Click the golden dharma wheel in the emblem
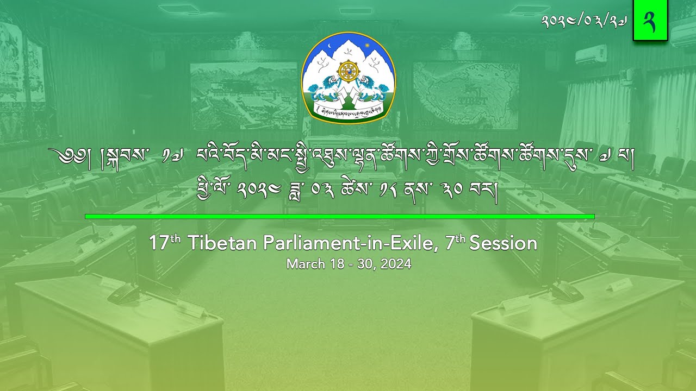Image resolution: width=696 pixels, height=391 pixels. pyautogui.click(x=348, y=71)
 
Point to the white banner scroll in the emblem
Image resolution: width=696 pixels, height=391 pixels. pyautogui.click(x=348, y=110)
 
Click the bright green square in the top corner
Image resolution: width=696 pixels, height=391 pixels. pyautogui.click(x=650, y=21)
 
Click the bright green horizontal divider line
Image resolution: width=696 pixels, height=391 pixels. pyautogui.click(x=339, y=217)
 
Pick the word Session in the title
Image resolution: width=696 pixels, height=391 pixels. pyautogui.click(x=503, y=243)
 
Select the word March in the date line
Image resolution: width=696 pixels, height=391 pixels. pyautogui.click(x=304, y=264)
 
